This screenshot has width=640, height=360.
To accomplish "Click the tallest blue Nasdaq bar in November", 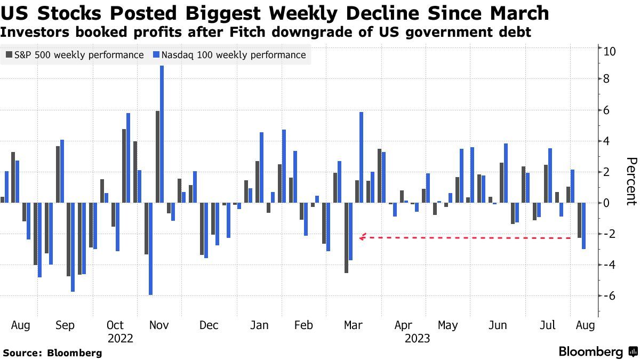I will [x=162, y=134].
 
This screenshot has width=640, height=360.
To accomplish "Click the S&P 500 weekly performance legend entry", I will [x=75, y=55].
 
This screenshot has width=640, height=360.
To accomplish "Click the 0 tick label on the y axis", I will [x=606, y=203].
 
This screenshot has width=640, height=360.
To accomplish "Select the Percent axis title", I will [x=631, y=181].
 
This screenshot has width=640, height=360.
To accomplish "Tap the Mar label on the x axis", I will [x=353, y=325].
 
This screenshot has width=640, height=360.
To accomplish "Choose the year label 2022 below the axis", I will [x=120, y=338].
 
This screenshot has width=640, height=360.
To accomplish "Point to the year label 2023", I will [x=417, y=338].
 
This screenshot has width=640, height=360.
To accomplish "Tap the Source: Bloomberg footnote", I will [x=52, y=353].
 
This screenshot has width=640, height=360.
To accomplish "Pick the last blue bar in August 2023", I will [x=584, y=226].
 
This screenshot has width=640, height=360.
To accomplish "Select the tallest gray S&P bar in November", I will [x=157, y=157].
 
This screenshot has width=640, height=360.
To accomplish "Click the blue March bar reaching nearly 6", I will [x=362, y=157].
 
